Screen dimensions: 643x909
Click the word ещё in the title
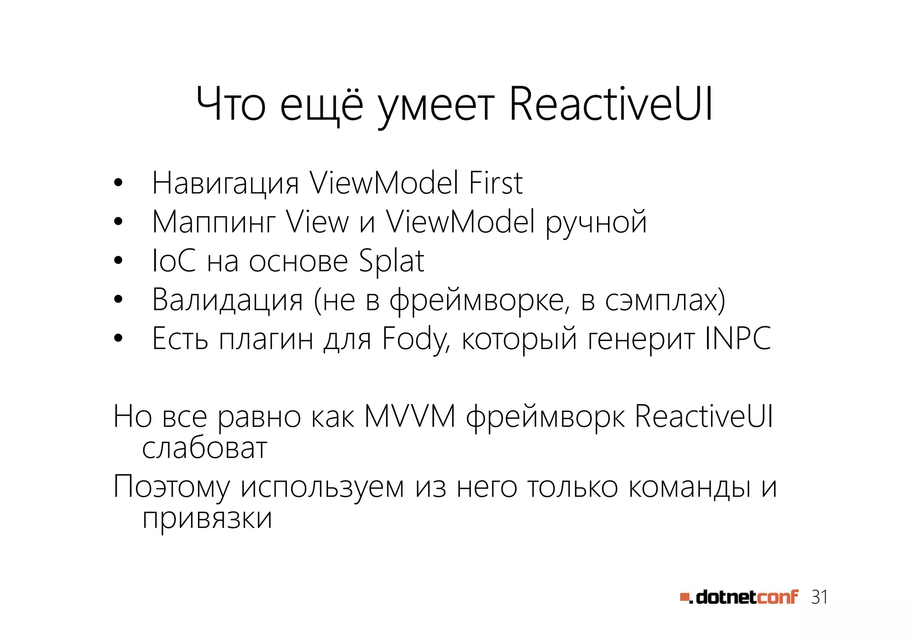(x=322, y=105)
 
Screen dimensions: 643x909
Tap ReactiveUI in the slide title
(x=611, y=104)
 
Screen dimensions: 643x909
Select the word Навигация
(x=225, y=183)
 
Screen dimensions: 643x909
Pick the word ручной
(x=596, y=222)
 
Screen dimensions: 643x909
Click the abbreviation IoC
(x=174, y=261)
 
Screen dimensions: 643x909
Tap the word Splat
(x=391, y=261)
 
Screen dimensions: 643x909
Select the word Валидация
(x=227, y=300)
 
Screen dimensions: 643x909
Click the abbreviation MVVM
(x=410, y=417)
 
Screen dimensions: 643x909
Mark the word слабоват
(x=205, y=448)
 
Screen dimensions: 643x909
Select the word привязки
(x=207, y=518)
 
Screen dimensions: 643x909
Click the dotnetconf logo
(x=739, y=597)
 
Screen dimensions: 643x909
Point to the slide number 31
(x=819, y=597)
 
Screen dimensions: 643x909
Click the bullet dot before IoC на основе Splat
(x=118, y=261)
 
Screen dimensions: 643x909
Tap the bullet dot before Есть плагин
(x=118, y=339)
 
